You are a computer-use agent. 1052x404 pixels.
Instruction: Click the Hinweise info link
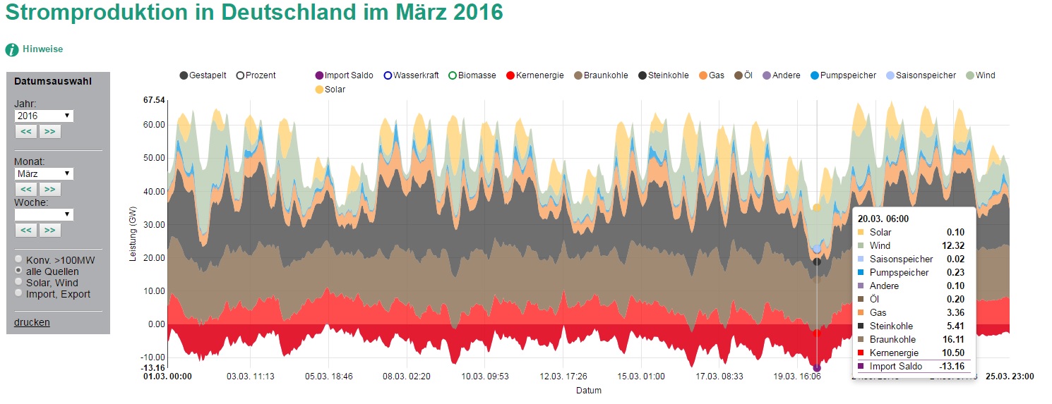point(42,49)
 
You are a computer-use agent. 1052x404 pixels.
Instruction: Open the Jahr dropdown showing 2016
point(43,116)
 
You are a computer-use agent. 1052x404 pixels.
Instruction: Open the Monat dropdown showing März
point(43,173)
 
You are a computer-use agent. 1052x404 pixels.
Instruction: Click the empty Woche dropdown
point(43,214)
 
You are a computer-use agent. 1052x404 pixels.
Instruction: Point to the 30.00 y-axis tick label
point(154,225)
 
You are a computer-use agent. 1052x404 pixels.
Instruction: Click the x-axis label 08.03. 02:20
point(406,377)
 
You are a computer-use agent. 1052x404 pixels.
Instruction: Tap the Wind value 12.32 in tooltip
point(952,245)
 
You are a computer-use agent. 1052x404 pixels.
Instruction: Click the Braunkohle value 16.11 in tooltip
point(952,339)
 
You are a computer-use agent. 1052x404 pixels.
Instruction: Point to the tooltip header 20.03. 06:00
point(883,219)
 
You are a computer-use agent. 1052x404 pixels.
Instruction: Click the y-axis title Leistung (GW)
point(133,235)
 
